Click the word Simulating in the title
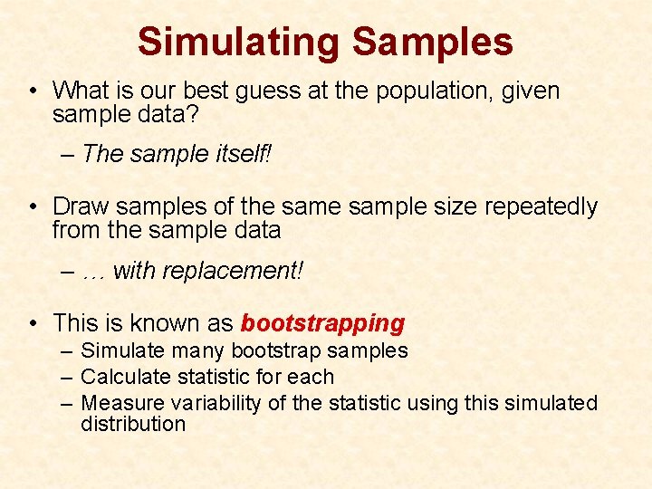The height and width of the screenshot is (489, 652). pyautogui.click(x=238, y=42)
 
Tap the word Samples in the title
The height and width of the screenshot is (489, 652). pyautogui.click(x=432, y=42)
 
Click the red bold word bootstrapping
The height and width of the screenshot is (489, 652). pyautogui.click(x=322, y=323)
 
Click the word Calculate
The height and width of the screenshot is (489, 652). pyautogui.click(x=122, y=377)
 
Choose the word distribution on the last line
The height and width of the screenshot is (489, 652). pyautogui.click(x=132, y=424)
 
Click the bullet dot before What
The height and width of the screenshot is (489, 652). pyautogui.click(x=33, y=91)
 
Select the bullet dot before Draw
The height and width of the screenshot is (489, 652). pyautogui.click(x=33, y=207)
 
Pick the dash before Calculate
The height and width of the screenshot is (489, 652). pyautogui.click(x=69, y=377)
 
